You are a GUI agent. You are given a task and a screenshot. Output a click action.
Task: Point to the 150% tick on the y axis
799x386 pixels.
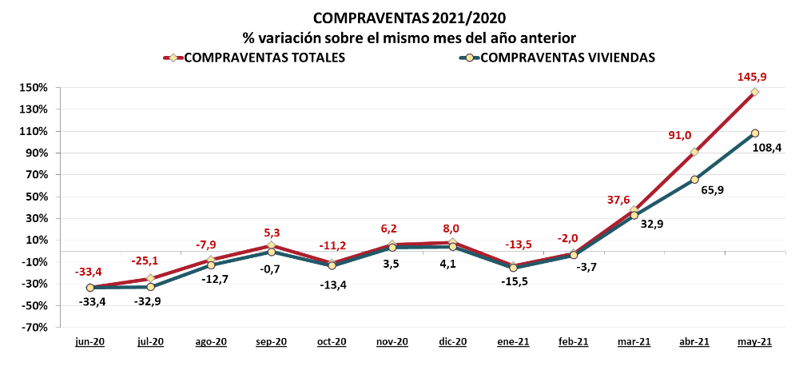pos(36,88)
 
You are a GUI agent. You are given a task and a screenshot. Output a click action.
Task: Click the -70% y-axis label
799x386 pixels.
pos(36,327)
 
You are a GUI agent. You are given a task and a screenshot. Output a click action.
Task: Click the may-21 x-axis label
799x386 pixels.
pos(753,342)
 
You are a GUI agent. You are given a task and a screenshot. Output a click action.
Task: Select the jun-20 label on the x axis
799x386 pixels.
pos(90,342)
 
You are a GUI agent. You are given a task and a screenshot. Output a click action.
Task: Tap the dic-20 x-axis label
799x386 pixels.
pos(452,342)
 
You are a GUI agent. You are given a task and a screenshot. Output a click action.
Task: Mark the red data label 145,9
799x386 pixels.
pos(753,77)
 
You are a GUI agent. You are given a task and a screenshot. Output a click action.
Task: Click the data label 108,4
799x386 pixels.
pos(766,147)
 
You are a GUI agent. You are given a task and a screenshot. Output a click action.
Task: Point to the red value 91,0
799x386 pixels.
pos(680,136)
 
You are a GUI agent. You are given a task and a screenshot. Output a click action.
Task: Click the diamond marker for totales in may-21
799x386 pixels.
pos(755,92)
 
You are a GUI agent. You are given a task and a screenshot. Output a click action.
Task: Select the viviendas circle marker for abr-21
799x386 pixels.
pos(694,180)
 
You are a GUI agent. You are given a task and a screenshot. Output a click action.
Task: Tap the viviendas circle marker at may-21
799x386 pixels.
pos(755,133)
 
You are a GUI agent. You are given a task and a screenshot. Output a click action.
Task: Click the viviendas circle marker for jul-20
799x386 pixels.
pos(150,287)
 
